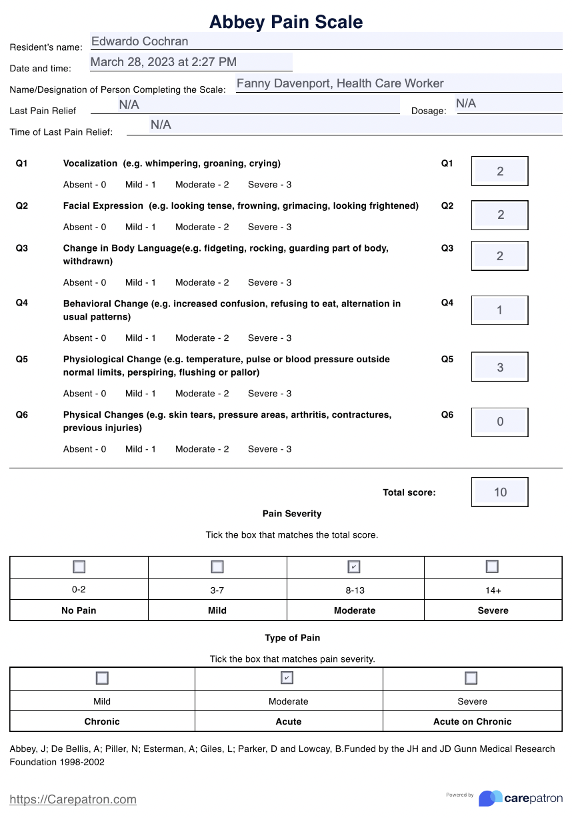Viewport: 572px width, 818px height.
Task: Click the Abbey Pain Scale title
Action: (x=286, y=22)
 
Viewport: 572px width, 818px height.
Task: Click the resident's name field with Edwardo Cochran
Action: (x=326, y=41)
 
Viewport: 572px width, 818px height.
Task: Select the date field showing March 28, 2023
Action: (x=191, y=63)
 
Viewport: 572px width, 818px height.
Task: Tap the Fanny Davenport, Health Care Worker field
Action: (x=399, y=84)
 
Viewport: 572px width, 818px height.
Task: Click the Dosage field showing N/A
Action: (x=509, y=103)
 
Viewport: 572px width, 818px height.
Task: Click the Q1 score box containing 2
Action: (x=500, y=171)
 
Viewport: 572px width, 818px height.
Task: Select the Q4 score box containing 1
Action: (x=500, y=310)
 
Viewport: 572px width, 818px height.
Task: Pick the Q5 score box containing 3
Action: (x=500, y=368)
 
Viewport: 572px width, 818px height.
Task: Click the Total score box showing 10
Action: (x=500, y=492)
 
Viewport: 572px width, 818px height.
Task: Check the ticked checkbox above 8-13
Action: (x=355, y=567)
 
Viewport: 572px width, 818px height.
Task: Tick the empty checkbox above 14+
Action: (x=492, y=566)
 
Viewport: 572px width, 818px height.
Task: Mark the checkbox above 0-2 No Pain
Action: (x=79, y=567)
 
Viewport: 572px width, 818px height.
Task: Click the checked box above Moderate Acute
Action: (x=287, y=678)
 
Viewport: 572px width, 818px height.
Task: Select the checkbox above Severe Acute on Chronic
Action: (x=471, y=678)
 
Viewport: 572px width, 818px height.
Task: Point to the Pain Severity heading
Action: (x=292, y=514)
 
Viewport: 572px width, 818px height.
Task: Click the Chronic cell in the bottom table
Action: (x=102, y=721)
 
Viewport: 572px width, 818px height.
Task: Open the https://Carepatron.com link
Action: (x=73, y=799)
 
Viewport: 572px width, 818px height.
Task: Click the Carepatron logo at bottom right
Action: (x=521, y=798)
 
